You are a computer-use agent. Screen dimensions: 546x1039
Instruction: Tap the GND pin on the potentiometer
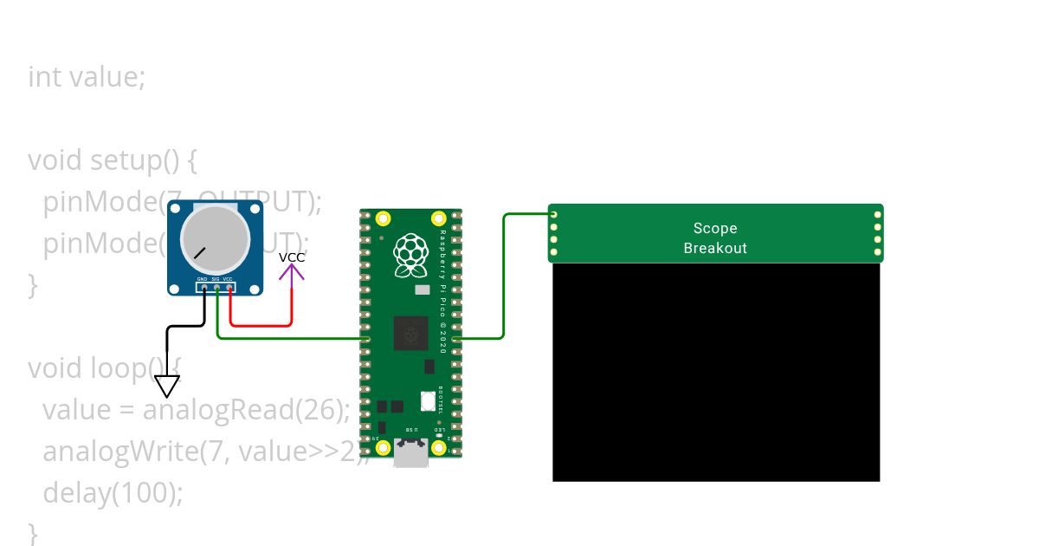click(204, 287)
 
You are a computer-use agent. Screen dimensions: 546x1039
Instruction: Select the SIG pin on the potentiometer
click(216, 287)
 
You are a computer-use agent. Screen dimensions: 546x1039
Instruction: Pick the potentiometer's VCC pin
click(229, 287)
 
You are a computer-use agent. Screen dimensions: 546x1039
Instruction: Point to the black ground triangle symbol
click(167, 386)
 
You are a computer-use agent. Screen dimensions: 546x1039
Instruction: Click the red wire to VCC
click(260, 326)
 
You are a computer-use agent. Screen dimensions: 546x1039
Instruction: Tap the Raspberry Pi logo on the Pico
click(410, 256)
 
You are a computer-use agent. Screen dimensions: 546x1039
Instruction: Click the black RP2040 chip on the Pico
click(410, 334)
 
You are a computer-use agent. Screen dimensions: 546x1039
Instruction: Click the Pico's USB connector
click(410, 452)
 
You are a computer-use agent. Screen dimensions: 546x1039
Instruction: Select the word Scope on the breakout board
click(715, 229)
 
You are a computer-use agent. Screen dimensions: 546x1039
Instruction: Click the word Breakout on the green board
click(715, 248)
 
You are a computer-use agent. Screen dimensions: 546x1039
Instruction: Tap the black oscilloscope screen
click(716, 373)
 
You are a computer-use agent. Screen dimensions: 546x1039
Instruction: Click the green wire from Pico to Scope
click(504, 277)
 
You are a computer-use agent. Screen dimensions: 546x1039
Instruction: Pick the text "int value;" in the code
click(87, 77)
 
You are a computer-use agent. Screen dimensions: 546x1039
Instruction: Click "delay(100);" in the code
click(113, 493)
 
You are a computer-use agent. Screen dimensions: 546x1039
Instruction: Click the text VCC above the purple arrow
click(292, 257)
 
